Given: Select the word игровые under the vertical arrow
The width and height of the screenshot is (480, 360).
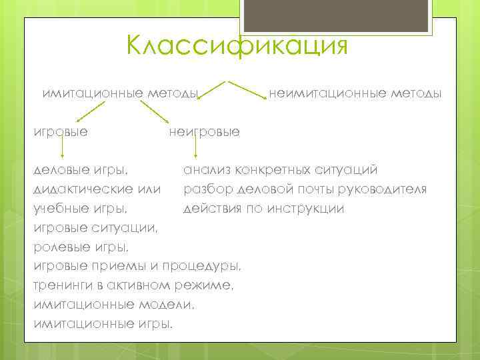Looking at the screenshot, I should pos(61,131).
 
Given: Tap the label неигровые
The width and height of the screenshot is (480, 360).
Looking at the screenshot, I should pos(205,131).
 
